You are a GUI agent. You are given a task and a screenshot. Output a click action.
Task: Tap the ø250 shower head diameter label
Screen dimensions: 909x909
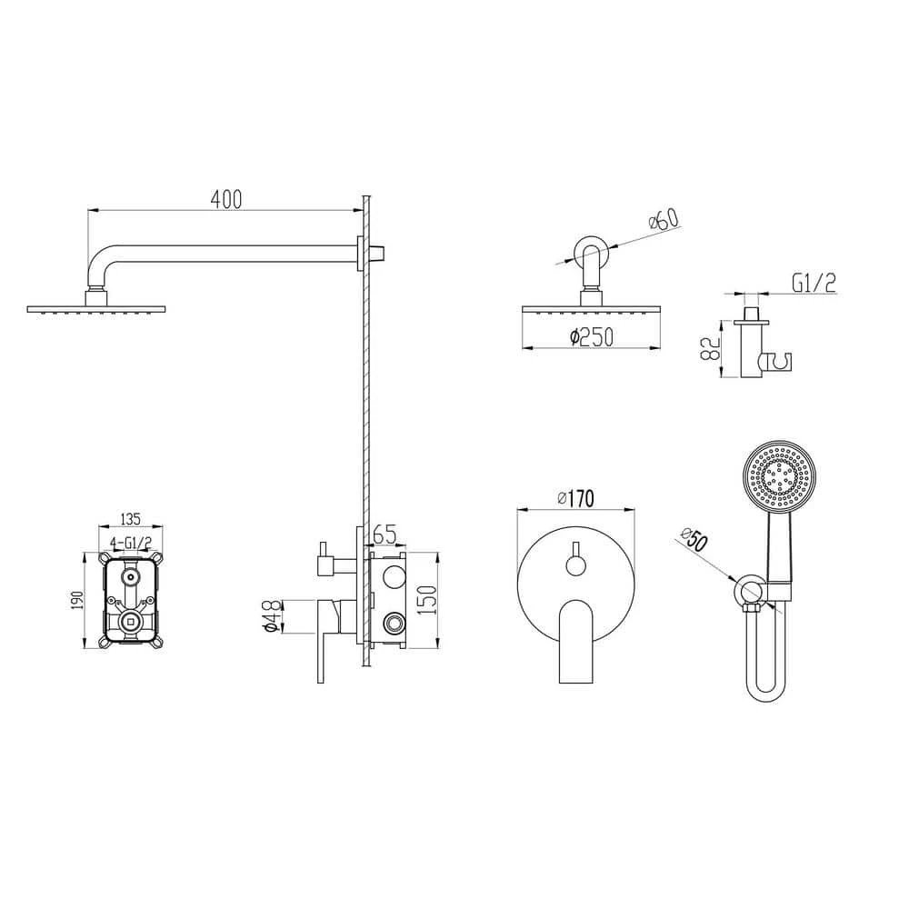click(592, 337)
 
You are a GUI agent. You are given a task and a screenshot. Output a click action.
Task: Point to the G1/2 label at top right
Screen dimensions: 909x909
click(814, 284)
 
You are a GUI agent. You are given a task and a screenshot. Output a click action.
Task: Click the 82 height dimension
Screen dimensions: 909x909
click(712, 347)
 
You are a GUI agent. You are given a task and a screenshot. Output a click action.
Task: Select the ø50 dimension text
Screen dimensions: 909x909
click(693, 542)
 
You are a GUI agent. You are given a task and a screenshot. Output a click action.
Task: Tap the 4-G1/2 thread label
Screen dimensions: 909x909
click(130, 543)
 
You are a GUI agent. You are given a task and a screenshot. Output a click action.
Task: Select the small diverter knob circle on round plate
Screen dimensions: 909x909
click(575, 566)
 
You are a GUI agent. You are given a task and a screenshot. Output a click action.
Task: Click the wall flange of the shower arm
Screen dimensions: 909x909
click(363, 251)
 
